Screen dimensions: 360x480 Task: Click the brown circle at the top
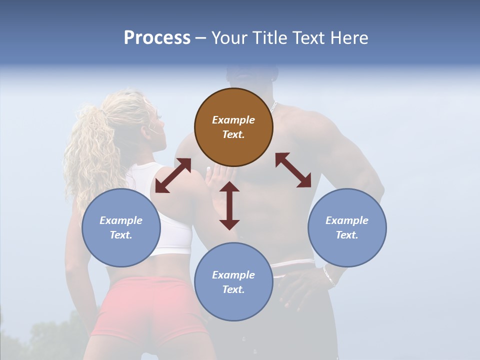click(x=233, y=127)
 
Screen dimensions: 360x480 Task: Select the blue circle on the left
click(x=121, y=227)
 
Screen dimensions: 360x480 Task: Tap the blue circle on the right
click(x=347, y=227)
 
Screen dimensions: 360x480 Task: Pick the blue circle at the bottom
click(x=233, y=282)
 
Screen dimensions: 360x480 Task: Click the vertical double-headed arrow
click(x=229, y=205)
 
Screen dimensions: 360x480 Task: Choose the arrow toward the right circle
click(x=293, y=170)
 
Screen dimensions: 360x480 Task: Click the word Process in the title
click(x=157, y=37)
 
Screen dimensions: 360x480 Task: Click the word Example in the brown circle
click(x=233, y=120)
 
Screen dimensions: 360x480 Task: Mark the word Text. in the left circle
click(x=121, y=235)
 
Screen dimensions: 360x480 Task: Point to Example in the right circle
click(x=347, y=220)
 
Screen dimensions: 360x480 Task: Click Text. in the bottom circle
click(x=233, y=289)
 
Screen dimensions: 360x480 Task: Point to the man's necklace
click(x=273, y=107)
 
